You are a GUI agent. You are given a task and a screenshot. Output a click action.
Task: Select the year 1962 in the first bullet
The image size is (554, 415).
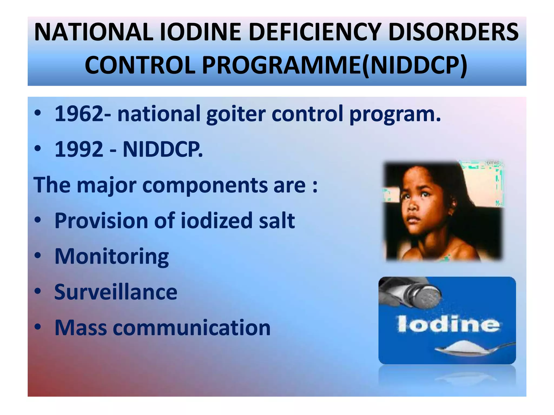pyautogui.click(x=79, y=114)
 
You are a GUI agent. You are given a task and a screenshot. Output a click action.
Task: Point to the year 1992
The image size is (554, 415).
pyautogui.click(x=79, y=149)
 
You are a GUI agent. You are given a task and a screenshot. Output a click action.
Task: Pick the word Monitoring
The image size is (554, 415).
pyautogui.click(x=112, y=256)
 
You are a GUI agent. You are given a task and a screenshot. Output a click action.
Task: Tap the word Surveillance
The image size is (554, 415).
pyautogui.click(x=116, y=292)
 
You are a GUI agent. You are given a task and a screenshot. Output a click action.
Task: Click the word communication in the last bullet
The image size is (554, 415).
pyautogui.click(x=192, y=328)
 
